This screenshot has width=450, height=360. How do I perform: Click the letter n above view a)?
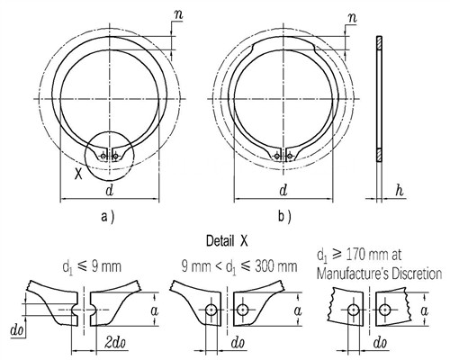click(x=178, y=14)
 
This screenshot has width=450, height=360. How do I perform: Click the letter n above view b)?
click(x=352, y=18)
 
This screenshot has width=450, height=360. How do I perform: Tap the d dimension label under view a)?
click(x=110, y=190)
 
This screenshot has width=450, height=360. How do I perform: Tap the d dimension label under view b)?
click(x=283, y=190)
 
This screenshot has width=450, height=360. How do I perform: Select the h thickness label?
click(x=400, y=190)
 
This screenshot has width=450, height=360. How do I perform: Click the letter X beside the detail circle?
click(x=78, y=174)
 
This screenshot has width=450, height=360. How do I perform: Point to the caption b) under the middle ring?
click(x=284, y=217)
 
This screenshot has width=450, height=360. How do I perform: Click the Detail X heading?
click(x=227, y=241)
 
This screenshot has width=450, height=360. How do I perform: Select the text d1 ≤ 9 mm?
click(x=92, y=266)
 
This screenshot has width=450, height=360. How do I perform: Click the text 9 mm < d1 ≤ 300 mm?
click(x=239, y=266)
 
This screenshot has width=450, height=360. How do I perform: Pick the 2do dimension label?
click(x=115, y=343)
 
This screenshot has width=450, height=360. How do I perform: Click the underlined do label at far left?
click(x=17, y=331)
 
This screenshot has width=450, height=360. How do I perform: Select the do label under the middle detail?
click(x=238, y=343)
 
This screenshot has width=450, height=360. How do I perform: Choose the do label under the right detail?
click(x=380, y=343)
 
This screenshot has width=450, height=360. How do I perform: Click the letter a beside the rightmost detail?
click(x=424, y=311)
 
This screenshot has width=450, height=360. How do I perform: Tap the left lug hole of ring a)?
click(x=103, y=156)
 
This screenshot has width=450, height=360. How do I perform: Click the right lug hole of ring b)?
click(x=290, y=156)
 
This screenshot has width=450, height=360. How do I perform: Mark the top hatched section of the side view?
click(x=379, y=42)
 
